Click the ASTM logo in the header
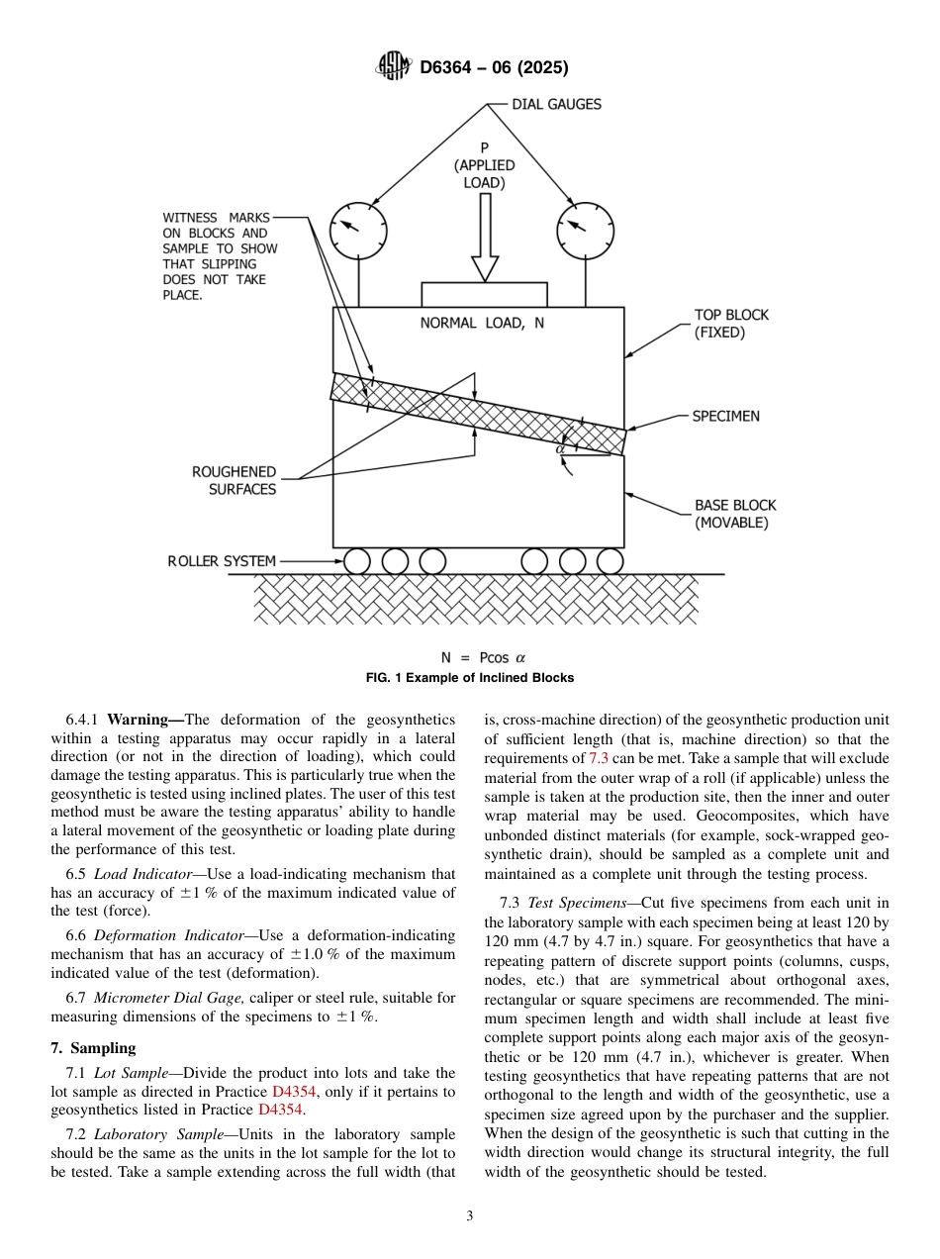(394, 67)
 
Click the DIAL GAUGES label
(556, 104)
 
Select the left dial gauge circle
(358, 232)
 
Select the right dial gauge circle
(584, 232)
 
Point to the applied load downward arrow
(485, 238)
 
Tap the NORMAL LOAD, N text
(482, 323)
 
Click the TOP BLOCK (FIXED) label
(731, 324)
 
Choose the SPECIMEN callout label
(725, 416)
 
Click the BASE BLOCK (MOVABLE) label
(731, 514)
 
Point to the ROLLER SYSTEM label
(222, 561)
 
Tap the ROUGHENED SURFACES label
(235, 480)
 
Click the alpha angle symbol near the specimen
(560, 448)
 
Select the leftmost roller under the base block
(357, 561)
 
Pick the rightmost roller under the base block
(611, 561)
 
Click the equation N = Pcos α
(483, 657)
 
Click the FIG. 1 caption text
(470, 678)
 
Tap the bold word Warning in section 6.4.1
(145, 719)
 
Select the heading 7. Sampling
(93, 1048)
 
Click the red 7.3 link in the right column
(599, 757)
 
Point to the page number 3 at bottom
(470, 1215)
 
